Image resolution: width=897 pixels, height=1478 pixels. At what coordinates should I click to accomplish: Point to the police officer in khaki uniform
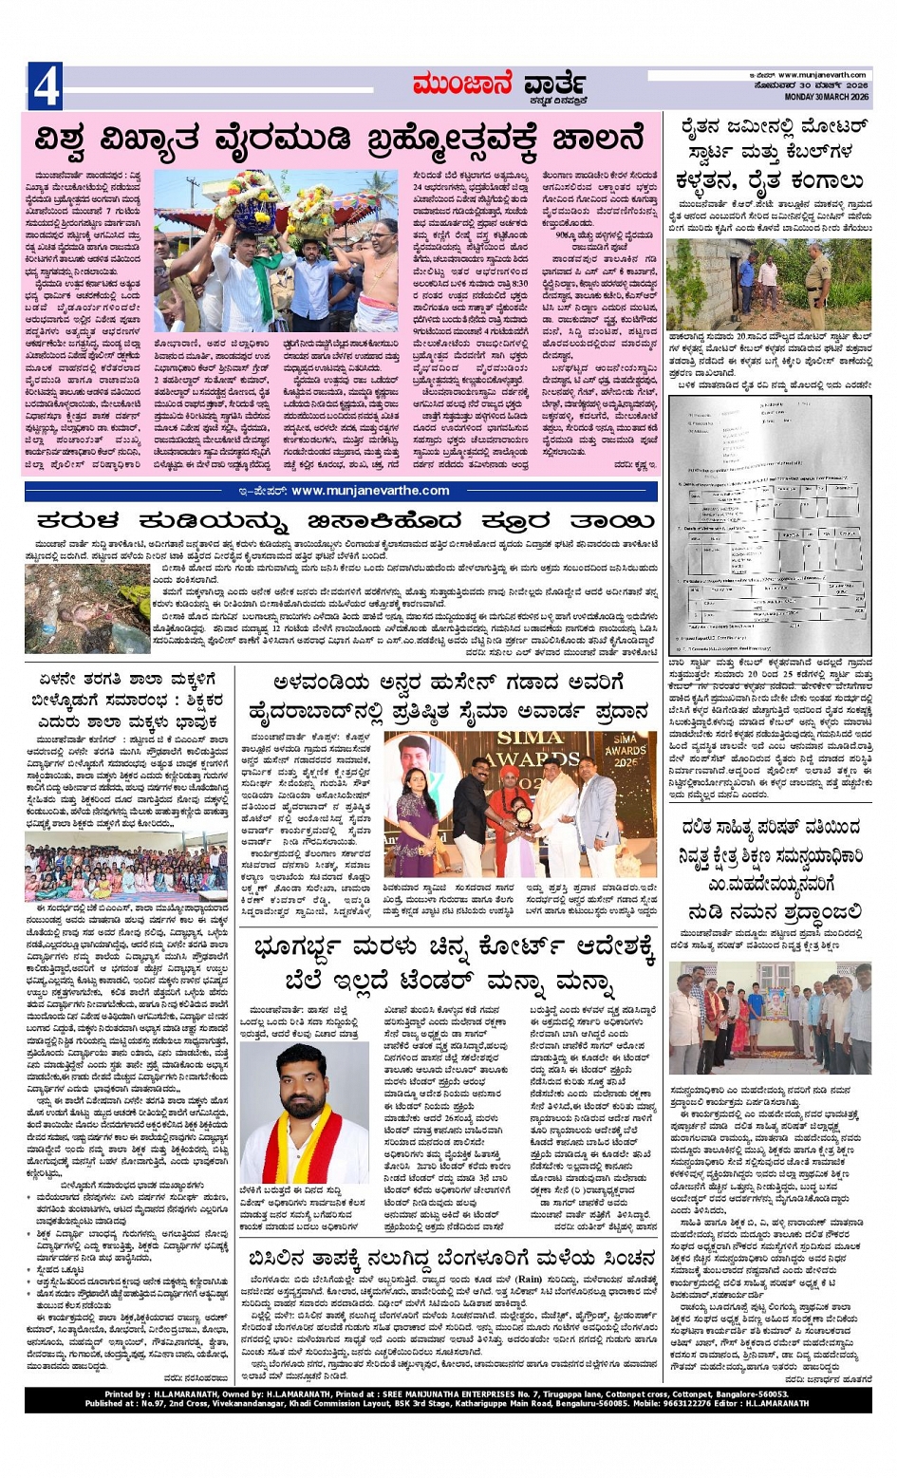[x=818, y=282]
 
